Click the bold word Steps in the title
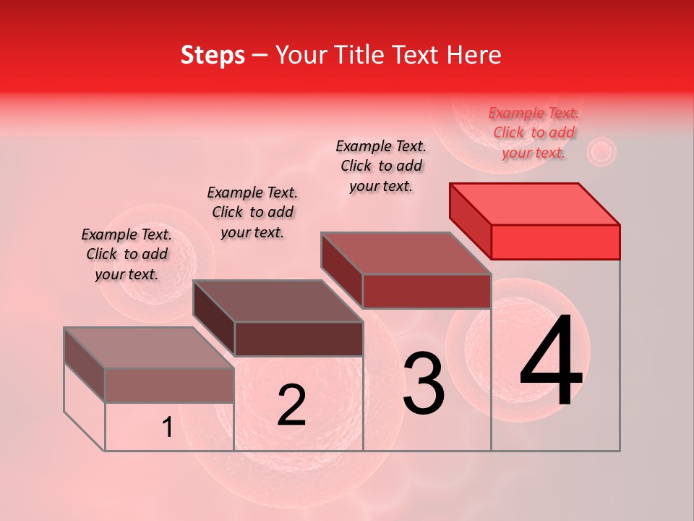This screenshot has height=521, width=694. (x=213, y=56)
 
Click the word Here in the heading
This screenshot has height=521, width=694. (x=474, y=56)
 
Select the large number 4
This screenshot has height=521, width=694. (x=551, y=363)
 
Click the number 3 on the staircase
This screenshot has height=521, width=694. (x=424, y=384)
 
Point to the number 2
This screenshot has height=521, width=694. (x=291, y=405)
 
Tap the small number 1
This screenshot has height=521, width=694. (x=167, y=428)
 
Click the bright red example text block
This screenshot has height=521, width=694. (x=534, y=132)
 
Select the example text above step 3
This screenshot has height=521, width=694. (x=381, y=166)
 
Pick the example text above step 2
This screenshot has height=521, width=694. (x=252, y=212)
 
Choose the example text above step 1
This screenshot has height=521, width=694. (x=127, y=254)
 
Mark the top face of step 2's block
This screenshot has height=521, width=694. (x=278, y=301)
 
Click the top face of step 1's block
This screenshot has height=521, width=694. (x=149, y=348)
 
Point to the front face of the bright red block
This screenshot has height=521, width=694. (x=555, y=242)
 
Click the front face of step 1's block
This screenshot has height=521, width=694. (x=169, y=386)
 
